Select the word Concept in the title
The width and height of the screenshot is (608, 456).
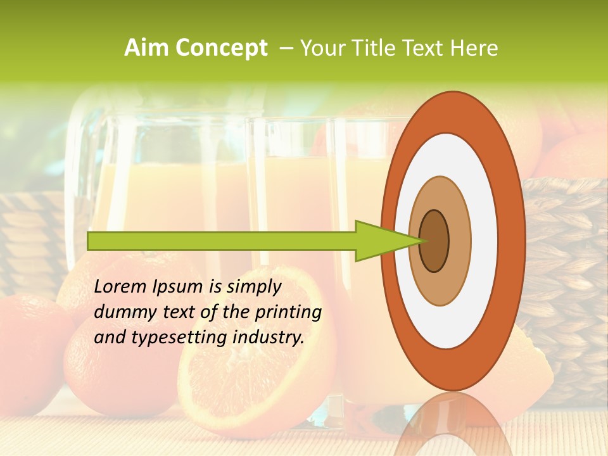coord(222,48)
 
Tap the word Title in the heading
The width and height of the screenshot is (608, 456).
coord(376,48)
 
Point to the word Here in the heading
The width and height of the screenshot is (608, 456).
coord(474,48)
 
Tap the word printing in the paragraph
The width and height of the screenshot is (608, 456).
coord(289,312)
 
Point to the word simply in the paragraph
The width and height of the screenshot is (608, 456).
coord(254,287)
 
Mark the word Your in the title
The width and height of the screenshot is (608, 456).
coord(320,48)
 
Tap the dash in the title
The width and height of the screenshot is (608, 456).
coord(286,48)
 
